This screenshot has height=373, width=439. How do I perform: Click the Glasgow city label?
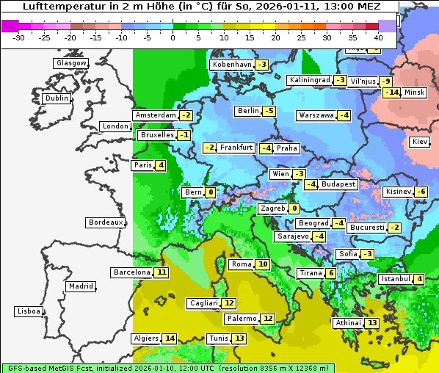pos(70,63)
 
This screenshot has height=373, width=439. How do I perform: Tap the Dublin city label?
pos(56,98)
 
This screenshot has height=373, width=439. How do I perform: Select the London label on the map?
pos(115,126)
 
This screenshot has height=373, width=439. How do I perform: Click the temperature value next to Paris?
pos(161,165)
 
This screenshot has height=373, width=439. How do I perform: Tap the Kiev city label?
pos(420,142)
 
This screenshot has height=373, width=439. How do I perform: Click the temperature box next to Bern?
pos(211,192)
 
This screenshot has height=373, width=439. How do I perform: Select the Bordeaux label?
pos(105,222)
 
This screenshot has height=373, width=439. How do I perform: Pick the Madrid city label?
pos(80,286)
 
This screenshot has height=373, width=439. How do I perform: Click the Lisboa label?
pos(29,311)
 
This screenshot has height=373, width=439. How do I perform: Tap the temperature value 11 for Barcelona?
pos(162,272)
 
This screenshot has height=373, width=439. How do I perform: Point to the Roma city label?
pos(242,264)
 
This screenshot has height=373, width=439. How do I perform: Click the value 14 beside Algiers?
pos(170,338)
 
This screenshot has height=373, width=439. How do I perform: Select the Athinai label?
pos(348,323)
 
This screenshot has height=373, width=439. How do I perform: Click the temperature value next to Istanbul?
pos(418,279)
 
